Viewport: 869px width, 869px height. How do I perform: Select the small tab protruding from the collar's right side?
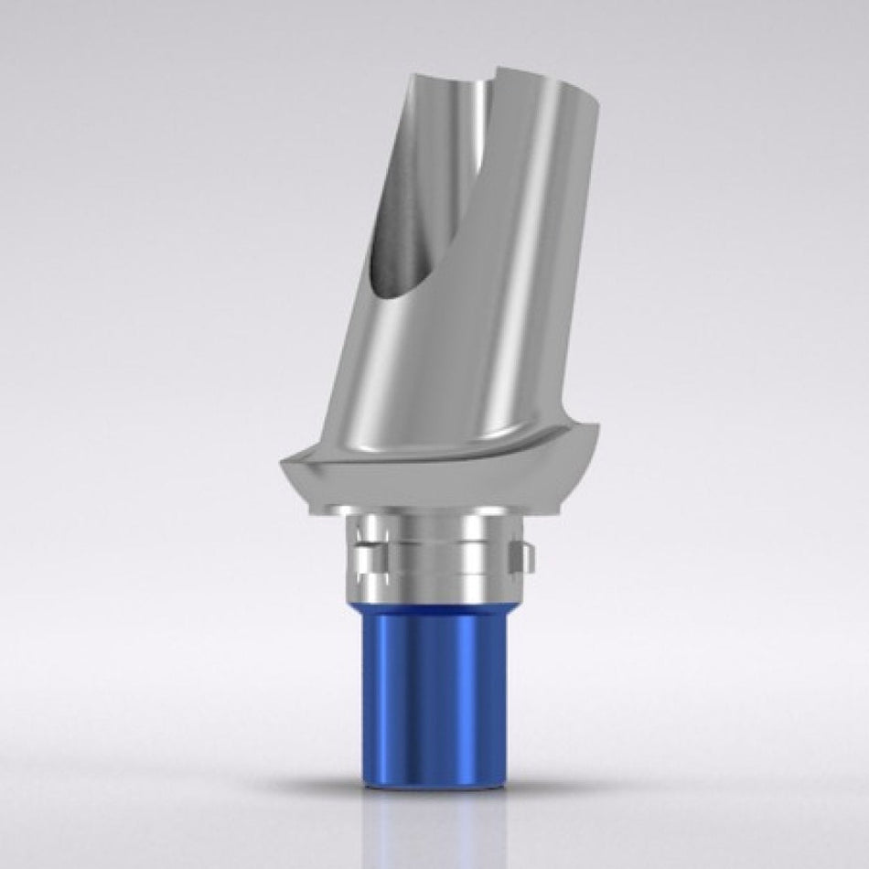point(519,554)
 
